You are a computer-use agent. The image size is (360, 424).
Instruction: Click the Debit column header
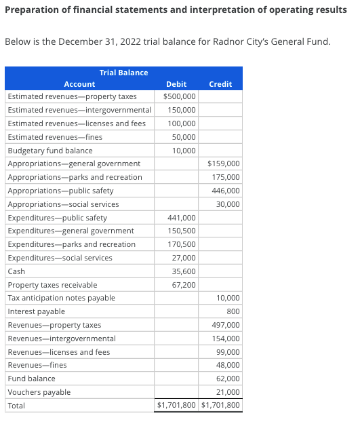176,84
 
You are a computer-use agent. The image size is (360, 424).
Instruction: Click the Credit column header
220,84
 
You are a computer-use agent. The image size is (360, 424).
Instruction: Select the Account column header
79,84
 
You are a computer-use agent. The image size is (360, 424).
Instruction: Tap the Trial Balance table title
123,73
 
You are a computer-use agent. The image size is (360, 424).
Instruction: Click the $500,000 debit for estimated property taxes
180,96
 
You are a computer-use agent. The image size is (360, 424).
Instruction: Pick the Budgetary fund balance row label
50,151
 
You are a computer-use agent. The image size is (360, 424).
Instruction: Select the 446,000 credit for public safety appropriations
226,191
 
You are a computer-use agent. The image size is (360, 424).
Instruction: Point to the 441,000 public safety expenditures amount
182,218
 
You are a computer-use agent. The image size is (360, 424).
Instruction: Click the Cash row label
16,271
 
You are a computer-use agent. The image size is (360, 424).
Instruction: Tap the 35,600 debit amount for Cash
184,271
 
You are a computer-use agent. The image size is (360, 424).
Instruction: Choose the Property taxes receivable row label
52,285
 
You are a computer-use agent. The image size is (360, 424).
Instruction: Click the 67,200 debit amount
184,285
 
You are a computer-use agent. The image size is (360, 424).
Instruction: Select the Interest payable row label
37,311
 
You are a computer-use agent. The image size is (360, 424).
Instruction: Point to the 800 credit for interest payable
233,311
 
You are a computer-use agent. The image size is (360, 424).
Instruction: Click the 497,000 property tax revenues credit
226,325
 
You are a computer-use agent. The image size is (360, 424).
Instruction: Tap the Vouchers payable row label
39,392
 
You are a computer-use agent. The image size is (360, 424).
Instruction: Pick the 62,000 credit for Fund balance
228,379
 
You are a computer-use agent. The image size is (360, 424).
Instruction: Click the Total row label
16,406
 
